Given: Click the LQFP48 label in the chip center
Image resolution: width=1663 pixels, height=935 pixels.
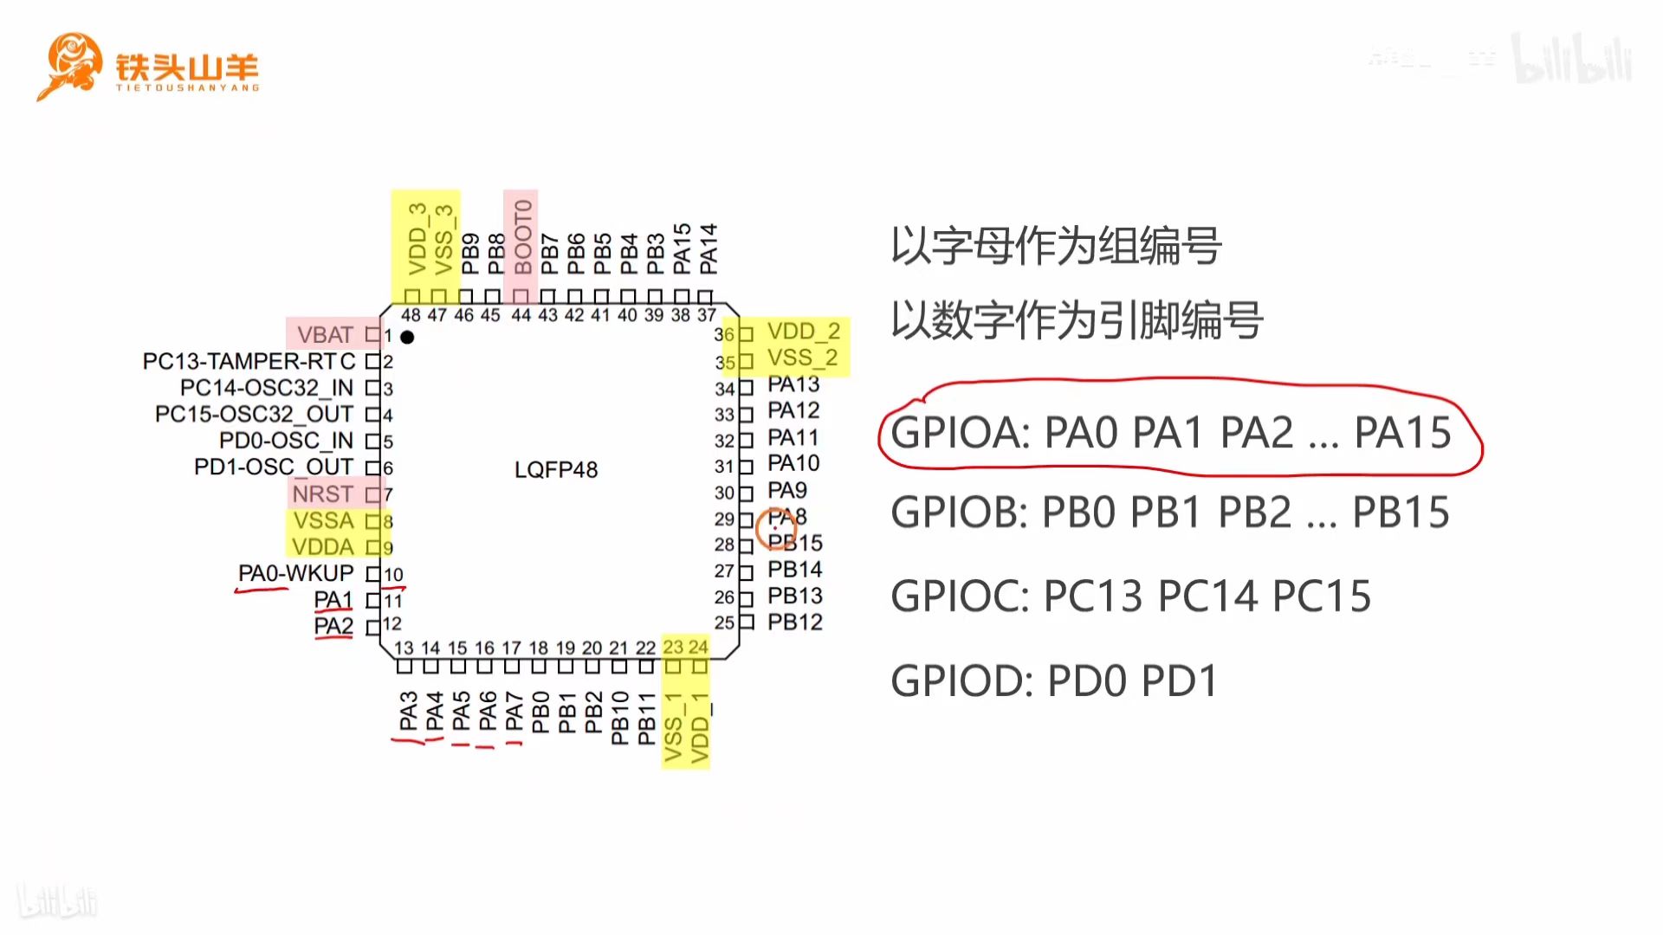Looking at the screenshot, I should [556, 469].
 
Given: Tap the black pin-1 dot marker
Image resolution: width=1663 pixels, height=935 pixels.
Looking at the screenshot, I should [407, 337].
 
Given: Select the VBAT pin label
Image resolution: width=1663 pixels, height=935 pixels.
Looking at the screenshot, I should [325, 334].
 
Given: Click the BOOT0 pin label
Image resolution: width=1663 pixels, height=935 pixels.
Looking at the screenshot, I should [522, 237].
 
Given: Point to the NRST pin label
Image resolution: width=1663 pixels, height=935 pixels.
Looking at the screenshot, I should [322, 493].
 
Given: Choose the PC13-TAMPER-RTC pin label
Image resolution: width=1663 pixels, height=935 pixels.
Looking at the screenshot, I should [249, 361].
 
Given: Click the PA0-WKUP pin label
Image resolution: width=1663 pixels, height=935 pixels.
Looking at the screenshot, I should [295, 573].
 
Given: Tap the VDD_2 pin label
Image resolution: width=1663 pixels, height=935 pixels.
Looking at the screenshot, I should [803, 332].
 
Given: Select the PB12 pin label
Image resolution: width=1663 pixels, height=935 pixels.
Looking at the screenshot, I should [794, 622].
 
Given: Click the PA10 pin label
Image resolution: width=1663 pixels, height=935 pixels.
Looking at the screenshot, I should [793, 463].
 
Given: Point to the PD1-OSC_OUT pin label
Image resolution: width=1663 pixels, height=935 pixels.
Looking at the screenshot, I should [273, 467].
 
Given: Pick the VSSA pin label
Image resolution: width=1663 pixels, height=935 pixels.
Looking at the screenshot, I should [323, 520].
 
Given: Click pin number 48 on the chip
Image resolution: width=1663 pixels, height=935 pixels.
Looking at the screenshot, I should [411, 315].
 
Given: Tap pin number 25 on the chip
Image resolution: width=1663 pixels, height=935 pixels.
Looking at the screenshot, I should [724, 622].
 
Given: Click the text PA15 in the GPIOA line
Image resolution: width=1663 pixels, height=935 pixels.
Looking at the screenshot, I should [1402, 432].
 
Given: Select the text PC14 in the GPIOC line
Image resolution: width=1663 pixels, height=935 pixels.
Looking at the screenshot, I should [1207, 596].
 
